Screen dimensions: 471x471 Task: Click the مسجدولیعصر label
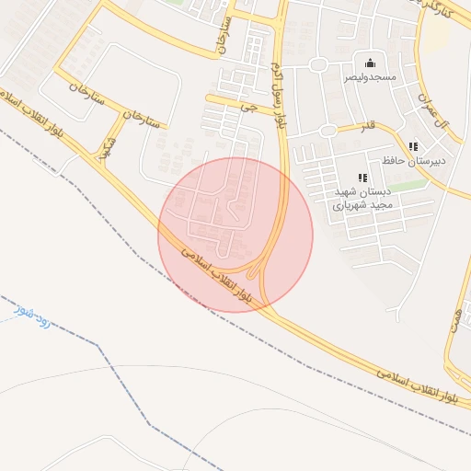tap(370, 78)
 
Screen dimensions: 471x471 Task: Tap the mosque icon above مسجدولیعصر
tap(370, 63)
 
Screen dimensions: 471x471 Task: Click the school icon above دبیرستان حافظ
tap(413, 146)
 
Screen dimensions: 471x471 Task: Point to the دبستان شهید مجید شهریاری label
tap(362, 199)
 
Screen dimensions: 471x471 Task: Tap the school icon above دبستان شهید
tap(362, 178)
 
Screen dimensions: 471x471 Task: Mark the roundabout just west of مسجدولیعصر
tap(318, 65)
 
